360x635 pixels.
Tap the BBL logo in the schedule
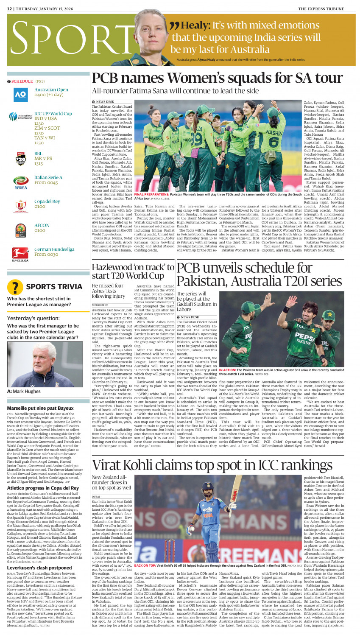[x=20, y=158]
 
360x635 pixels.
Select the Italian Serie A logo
[x=20, y=182]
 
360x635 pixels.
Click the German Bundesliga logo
[x=20, y=254]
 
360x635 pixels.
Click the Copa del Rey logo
[x=20, y=206]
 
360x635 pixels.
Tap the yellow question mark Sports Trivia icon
[x=15, y=287]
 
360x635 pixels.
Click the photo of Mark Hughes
[x=45, y=364]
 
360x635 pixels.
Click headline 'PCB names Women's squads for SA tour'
[x=217, y=78]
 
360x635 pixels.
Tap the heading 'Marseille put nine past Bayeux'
[x=40, y=408]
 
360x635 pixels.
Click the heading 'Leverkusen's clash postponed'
[x=39, y=568]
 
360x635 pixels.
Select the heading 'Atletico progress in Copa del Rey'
[x=43, y=488]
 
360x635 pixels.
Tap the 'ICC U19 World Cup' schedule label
[x=53, y=114]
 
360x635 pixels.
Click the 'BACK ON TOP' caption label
[x=145, y=565]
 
